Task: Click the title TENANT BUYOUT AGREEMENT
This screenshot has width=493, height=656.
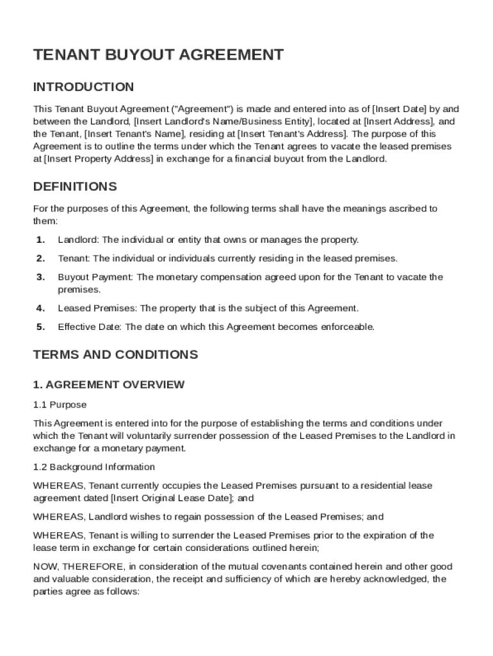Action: (x=158, y=55)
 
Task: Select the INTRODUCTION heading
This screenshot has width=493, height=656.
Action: (x=84, y=87)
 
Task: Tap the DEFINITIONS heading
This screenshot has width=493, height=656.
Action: (x=75, y=187)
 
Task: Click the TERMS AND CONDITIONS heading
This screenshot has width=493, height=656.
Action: (x=115, y=355)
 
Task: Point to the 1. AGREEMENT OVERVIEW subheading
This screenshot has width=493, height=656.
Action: (x=109, y=384)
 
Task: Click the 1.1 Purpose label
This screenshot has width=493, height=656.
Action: (x=60, y=405)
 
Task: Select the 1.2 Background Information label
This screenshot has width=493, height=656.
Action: (x=93, y=467)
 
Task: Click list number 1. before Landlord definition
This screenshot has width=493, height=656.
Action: (x=40, y=240)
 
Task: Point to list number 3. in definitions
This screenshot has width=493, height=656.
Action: (x=40, y=277)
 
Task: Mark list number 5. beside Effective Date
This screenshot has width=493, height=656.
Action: (x=40, y=327)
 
